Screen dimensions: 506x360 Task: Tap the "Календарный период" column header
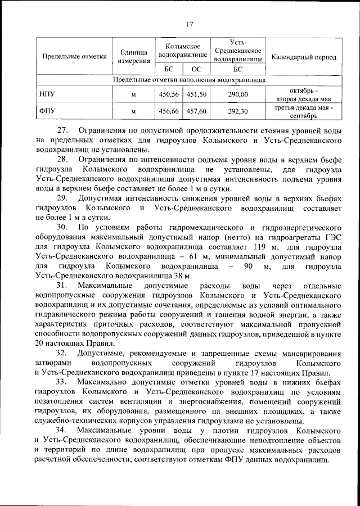tap(304, 57)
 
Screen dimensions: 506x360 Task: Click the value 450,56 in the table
tap(169, 94)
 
